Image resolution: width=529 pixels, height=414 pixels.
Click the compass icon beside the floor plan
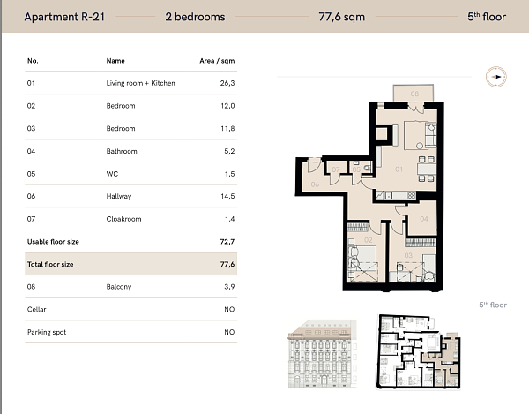pos(495,77)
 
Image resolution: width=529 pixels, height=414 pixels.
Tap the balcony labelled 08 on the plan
pos(414,93)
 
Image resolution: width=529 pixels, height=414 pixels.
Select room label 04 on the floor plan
pos(423,218)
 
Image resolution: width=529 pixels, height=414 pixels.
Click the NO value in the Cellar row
pos(229,310)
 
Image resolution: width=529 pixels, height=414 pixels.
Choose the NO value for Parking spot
pos(229,333)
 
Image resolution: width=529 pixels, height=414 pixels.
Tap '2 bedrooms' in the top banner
pos(195,17)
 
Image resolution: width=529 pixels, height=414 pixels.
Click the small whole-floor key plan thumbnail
pos(419,351)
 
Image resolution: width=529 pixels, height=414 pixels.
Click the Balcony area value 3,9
pos(228,287)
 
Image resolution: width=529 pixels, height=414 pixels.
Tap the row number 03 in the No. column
pos(33,128)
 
